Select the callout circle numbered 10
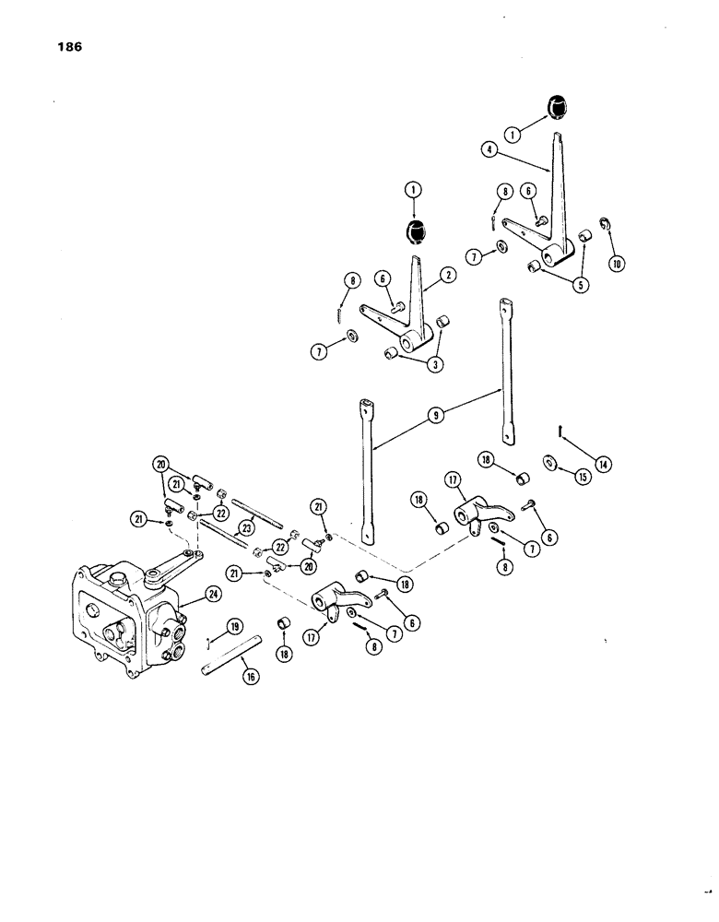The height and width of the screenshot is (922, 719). pos(614,262)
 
